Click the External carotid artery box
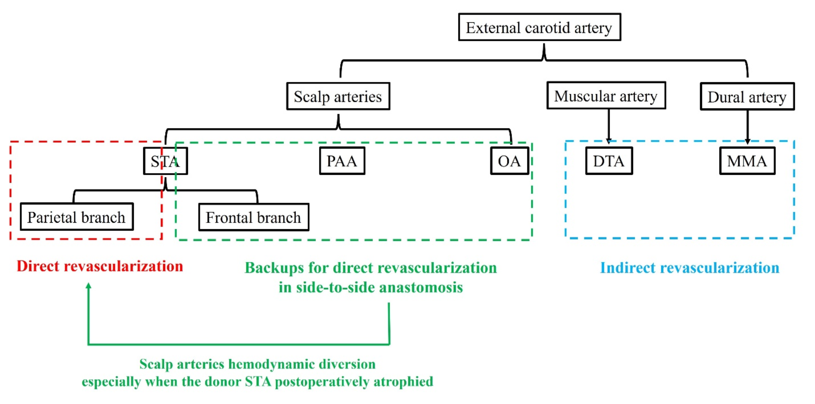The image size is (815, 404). point(539,27)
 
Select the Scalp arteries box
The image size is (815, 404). point(338,97)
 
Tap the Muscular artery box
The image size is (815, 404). point(606,96)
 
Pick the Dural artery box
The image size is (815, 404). point(747,97)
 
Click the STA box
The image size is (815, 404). point(165,161)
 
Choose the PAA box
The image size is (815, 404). point(342,161)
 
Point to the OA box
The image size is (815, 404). point(509,161)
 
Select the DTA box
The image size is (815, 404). point(608,161)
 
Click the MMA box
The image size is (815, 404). point(747,161)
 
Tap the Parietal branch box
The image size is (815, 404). point(76,217)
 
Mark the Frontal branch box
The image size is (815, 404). point(253,217)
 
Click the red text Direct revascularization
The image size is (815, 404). point(100,266)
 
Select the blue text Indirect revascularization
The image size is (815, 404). point(690,268)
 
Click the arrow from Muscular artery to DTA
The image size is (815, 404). point(608,126)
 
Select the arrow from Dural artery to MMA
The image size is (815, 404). point(747,126)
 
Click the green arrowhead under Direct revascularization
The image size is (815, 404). point(88,286)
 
